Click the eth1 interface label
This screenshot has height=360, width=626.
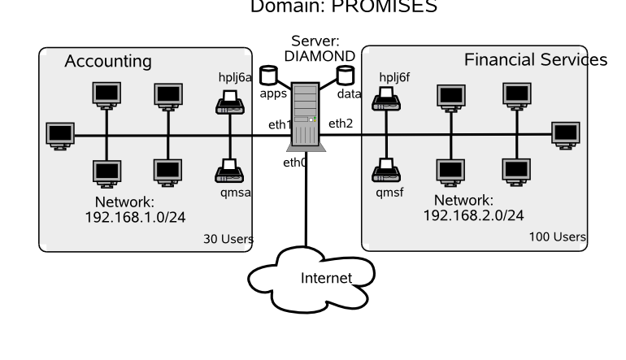(x=280, y=124)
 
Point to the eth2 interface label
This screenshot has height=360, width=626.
(x=340, y=124)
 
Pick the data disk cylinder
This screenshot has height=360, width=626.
(x=346, y=75)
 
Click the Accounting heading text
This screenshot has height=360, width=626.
(x=108, y=62)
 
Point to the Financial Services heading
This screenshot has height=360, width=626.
(x=536, y=61)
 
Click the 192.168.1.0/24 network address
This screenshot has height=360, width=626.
(x=130, y=217)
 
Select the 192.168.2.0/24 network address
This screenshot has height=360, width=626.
(x=474, y=215)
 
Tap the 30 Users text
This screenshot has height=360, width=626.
(x=228, y=239)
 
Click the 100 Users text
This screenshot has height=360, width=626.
(x=558, y=236)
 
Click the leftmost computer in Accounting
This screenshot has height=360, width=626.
(x=59, y=134)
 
